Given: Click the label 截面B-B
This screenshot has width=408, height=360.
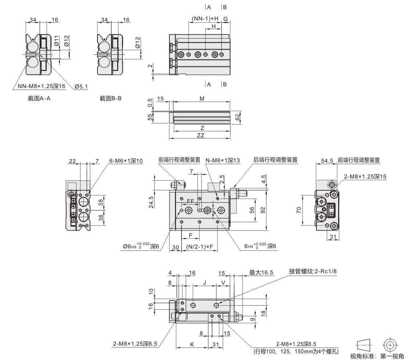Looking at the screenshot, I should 110,98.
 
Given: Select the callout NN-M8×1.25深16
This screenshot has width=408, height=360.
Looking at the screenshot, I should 41,87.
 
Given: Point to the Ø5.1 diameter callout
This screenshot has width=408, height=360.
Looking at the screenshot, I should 80,87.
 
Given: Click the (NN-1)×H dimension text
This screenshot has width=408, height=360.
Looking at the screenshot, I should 205,18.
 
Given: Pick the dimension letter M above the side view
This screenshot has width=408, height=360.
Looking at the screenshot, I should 202,99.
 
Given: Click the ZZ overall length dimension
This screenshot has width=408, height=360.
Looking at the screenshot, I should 201,135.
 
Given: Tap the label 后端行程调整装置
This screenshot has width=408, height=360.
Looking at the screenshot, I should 276,160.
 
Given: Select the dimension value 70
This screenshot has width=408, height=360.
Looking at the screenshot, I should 299,210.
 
